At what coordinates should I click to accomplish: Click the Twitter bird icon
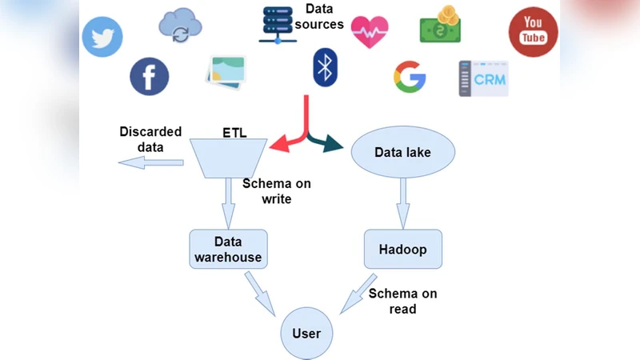tap(102, 37)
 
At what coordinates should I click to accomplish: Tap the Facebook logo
tap(150, 76)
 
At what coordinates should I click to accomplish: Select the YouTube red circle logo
tap(533, 33)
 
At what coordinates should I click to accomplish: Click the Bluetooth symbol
tap(323, 68)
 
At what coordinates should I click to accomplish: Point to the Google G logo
tap(410, 76)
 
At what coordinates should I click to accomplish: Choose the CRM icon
tap(483, 78)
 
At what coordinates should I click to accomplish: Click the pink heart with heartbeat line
tap(370, 32)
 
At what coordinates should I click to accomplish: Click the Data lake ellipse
tap(403, 151)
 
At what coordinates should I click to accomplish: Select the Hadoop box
tap(403, 250)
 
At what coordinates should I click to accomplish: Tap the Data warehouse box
tap(228, 250)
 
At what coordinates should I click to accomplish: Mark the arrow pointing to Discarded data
tap(150, 163)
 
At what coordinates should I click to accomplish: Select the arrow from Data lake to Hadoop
tap(404, 200)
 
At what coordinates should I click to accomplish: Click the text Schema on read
tap(402, 301)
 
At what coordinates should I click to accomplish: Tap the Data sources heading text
tap(324, 17)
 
